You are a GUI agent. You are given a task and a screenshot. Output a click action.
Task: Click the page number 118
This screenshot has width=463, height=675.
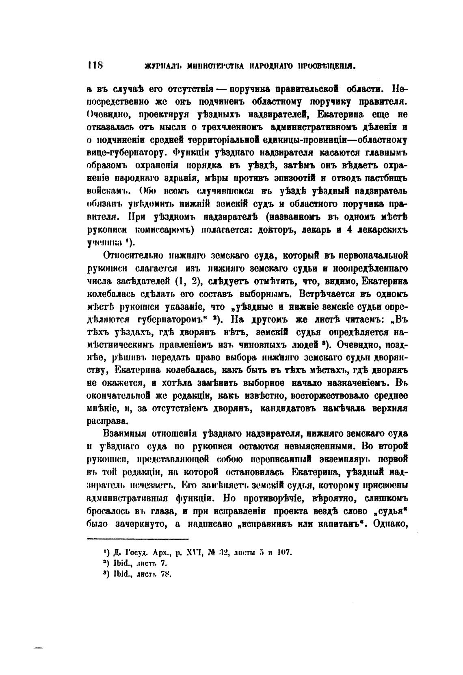(x=96, y=65)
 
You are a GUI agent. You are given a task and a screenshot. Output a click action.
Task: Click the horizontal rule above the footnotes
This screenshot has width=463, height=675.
(x=138, y=539)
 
